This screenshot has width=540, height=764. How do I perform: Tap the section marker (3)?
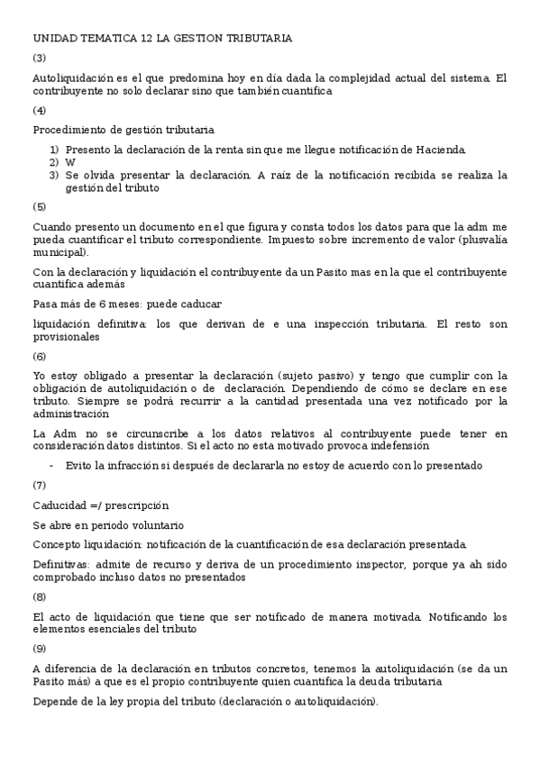coord(40,58)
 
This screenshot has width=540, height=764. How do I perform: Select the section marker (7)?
coord(40,485)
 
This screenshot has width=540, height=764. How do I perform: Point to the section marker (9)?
coord(40,648)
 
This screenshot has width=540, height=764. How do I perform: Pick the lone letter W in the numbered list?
coord(70,162)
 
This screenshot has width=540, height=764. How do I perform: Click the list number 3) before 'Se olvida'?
coord(54,175)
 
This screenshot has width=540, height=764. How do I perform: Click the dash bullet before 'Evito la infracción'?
coord(52,465)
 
